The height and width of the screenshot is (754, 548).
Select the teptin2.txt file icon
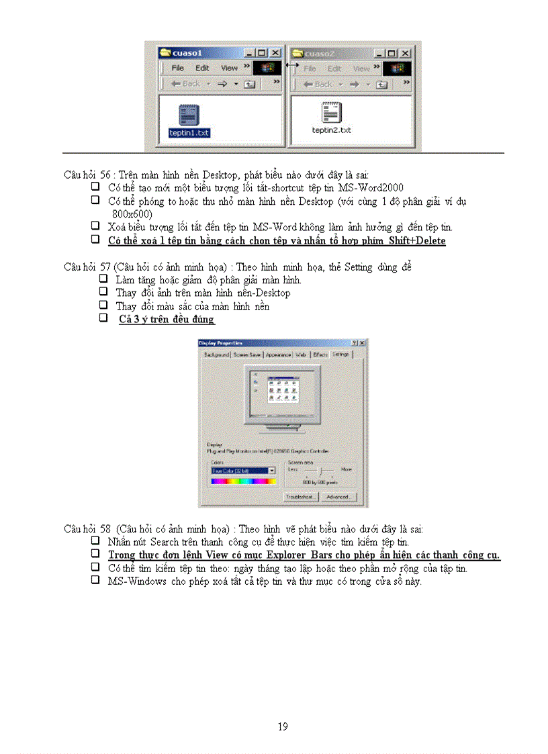(330, 112)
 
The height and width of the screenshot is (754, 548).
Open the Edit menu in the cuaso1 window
(202, 68)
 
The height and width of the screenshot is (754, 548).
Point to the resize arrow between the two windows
(292, 65)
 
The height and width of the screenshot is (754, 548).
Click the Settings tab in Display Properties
(341, 354)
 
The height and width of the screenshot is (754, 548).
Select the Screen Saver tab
(247, 354)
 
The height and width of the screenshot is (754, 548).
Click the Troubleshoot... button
(300, 497)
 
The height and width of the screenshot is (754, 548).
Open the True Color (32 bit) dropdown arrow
(272, 471)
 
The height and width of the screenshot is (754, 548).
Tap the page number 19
(283, 726)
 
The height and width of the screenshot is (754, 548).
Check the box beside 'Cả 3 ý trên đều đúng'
(103, 319)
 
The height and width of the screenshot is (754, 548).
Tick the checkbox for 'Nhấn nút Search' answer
(95, 541)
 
